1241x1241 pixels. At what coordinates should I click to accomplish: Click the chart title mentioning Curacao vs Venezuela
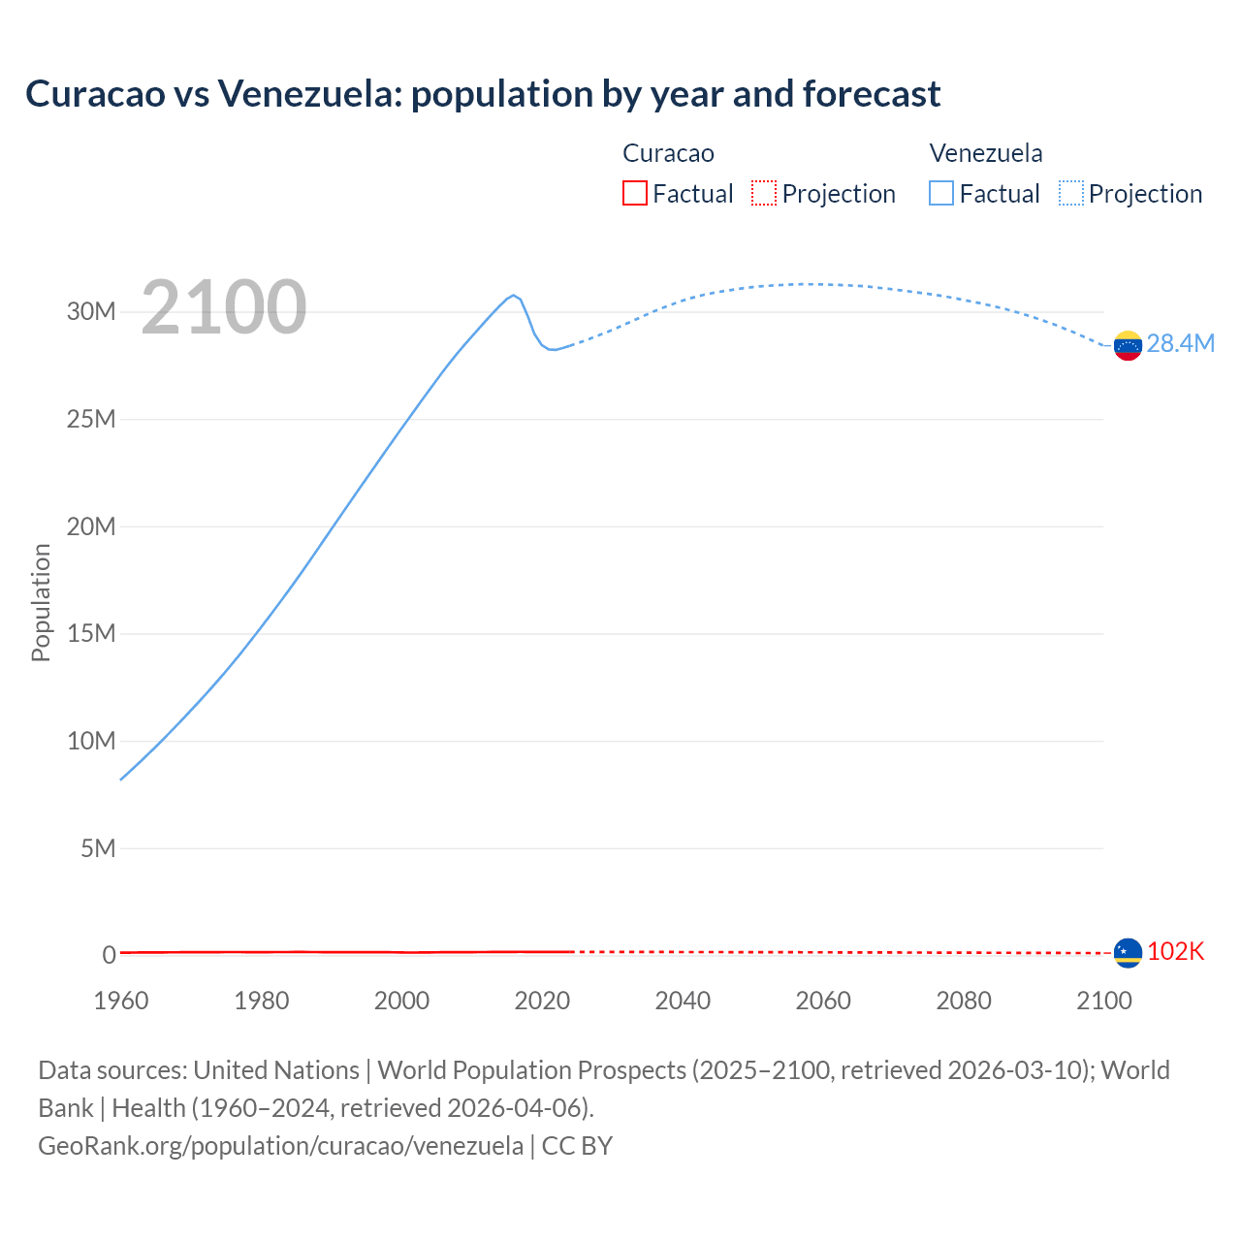point(483,94)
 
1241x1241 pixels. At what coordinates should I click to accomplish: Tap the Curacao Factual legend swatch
point(634,193)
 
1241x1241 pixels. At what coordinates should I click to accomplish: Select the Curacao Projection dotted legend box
point(764,193)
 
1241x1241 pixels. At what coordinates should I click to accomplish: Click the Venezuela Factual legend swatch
point(940,193)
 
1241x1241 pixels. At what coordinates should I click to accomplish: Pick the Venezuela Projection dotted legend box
point(1070,193)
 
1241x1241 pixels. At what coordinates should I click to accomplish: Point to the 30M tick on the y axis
point(91,311)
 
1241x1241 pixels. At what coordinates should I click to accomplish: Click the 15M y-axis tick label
point(91,633)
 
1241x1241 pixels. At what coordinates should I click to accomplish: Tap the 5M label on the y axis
point(98,848)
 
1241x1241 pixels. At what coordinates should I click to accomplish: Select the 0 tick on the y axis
point(109,955)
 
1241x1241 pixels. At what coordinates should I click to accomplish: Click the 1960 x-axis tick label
point(121,1001)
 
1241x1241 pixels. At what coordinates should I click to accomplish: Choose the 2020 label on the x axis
point(542,1001)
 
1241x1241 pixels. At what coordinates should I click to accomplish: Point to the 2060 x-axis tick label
point(823,1001)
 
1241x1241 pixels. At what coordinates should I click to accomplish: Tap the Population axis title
point(41,602)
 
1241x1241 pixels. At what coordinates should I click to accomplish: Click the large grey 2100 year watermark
point(224,307)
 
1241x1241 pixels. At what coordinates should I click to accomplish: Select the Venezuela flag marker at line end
point(1128,345)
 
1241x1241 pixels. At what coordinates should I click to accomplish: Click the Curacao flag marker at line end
point(1128,953)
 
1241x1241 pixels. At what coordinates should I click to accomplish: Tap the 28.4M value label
point(1180,344)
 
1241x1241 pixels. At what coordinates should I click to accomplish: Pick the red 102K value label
point(1175,951)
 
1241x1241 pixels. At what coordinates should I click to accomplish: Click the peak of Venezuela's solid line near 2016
point(513,295)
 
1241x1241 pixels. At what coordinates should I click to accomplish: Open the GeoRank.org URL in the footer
point(280,1145)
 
